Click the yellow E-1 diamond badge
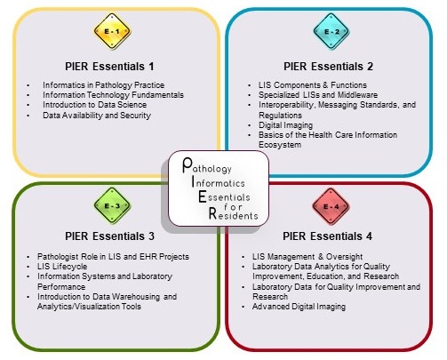click(112, 31)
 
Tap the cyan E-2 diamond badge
click(331, 31)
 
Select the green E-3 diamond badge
click(112, 205)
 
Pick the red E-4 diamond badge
click(331, 206)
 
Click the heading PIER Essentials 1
click(109, 67)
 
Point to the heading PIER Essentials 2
click(328, 67)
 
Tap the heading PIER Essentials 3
click(109, 236)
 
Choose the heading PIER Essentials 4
click(327, 236)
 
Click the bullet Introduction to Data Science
click(94, 105)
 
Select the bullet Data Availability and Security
click(97, 116)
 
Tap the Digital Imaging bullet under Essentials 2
click(285, 125)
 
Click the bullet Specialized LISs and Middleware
click(318, 95)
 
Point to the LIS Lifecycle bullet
click(62, 267)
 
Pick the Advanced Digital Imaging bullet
click(299, 307)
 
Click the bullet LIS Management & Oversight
click(307, 257)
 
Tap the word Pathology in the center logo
click(207, 165)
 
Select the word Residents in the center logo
click(233, 214)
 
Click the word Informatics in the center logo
click(219, 181)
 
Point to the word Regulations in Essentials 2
click(280, 116)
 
